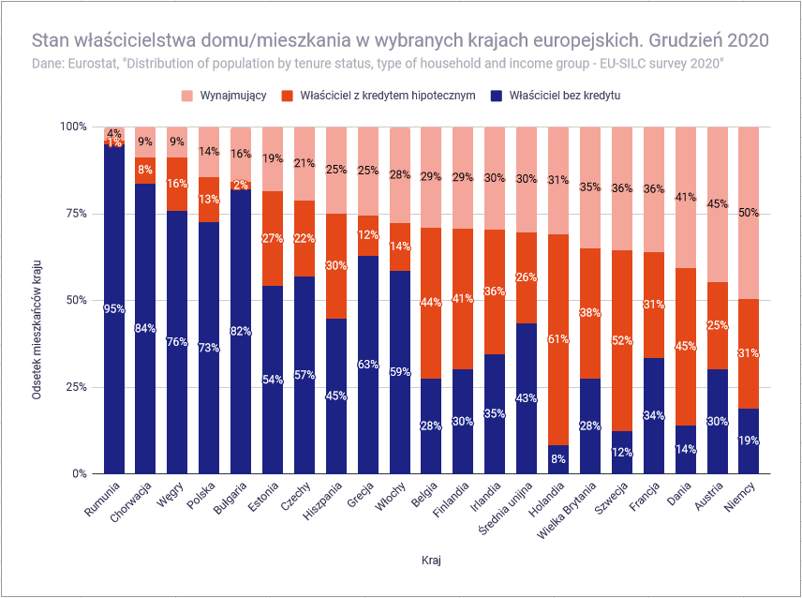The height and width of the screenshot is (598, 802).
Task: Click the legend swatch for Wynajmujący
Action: coord(187,96)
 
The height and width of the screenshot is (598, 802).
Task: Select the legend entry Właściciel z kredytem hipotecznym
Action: coord(379,96)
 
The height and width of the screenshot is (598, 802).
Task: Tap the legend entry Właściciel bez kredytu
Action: coord(555,96)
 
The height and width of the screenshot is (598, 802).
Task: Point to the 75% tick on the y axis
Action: coord(76,214)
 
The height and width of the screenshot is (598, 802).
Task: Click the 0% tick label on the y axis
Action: coord(80,473)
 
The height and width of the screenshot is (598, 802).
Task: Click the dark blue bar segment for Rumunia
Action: coord(114,309)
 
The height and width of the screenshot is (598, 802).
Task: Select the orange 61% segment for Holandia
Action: coord(558,339)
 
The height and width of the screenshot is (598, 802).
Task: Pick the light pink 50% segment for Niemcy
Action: coord(749,214)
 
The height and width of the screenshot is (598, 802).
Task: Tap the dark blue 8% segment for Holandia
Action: coord(558,459)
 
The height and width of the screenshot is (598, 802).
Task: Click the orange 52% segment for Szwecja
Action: coord(622,340)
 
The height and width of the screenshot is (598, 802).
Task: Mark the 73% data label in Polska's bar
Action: coord(209,348)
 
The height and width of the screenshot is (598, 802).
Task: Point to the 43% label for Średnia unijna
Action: coord(527,398)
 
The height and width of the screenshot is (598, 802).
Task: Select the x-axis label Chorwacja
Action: coord(132,501)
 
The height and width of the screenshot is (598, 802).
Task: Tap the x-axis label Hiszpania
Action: coord(322,501)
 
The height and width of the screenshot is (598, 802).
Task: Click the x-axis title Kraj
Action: coord(431,561)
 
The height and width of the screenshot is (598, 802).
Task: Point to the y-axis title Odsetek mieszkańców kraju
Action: coord(37,330)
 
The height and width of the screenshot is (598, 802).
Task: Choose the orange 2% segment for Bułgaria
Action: coord(241,186)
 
